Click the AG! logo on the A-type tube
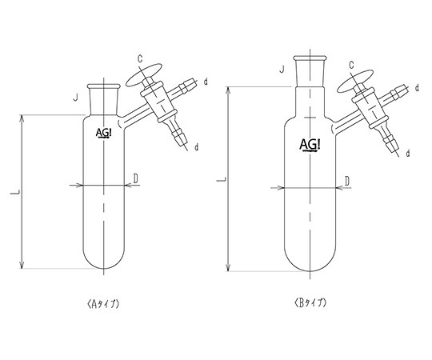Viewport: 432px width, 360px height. (x=104, y=133)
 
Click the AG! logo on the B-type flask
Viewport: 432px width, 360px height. (x=310, y=145)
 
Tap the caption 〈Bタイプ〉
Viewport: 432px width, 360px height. (x=310, y=303)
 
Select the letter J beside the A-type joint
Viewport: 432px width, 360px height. (x=76, y=98)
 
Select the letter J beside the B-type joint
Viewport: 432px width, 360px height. (x=282, y=70)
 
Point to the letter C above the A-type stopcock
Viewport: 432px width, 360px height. (x=140, y=58)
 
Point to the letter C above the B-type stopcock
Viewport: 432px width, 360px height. (x=352, y=65)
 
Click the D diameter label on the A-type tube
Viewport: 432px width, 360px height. (x=135, y=178)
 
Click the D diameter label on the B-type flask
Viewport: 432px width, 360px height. (x=347, y=182)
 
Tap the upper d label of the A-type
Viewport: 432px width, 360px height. (x=206, y=82)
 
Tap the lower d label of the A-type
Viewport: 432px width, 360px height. (x=197, y=148)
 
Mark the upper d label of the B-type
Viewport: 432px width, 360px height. (x=417, y=88)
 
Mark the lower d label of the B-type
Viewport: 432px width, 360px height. (x=408, y=153)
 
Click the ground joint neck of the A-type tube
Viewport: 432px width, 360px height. (x=104, y=99)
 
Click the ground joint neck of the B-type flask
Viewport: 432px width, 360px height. (x=310, y=71)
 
